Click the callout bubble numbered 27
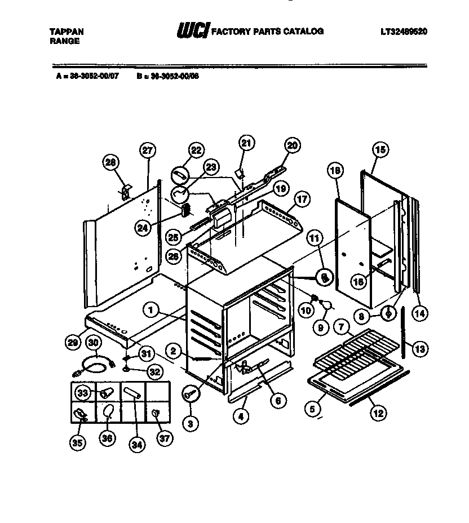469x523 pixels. click(x=148, y=151)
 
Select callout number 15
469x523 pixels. click(x=380, y=150)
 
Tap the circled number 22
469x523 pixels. click(x=195, y=150)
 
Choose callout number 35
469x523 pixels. click(x=77, y=444)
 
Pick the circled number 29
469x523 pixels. click(x=72, y=342)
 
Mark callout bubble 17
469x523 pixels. click(x=302, y=199)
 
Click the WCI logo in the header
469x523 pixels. click(x=192, y=32)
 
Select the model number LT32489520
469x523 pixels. click(x=404, y=32)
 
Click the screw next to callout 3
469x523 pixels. click(x=191, y=395)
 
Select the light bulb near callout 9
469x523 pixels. click(x=326, y=304)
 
